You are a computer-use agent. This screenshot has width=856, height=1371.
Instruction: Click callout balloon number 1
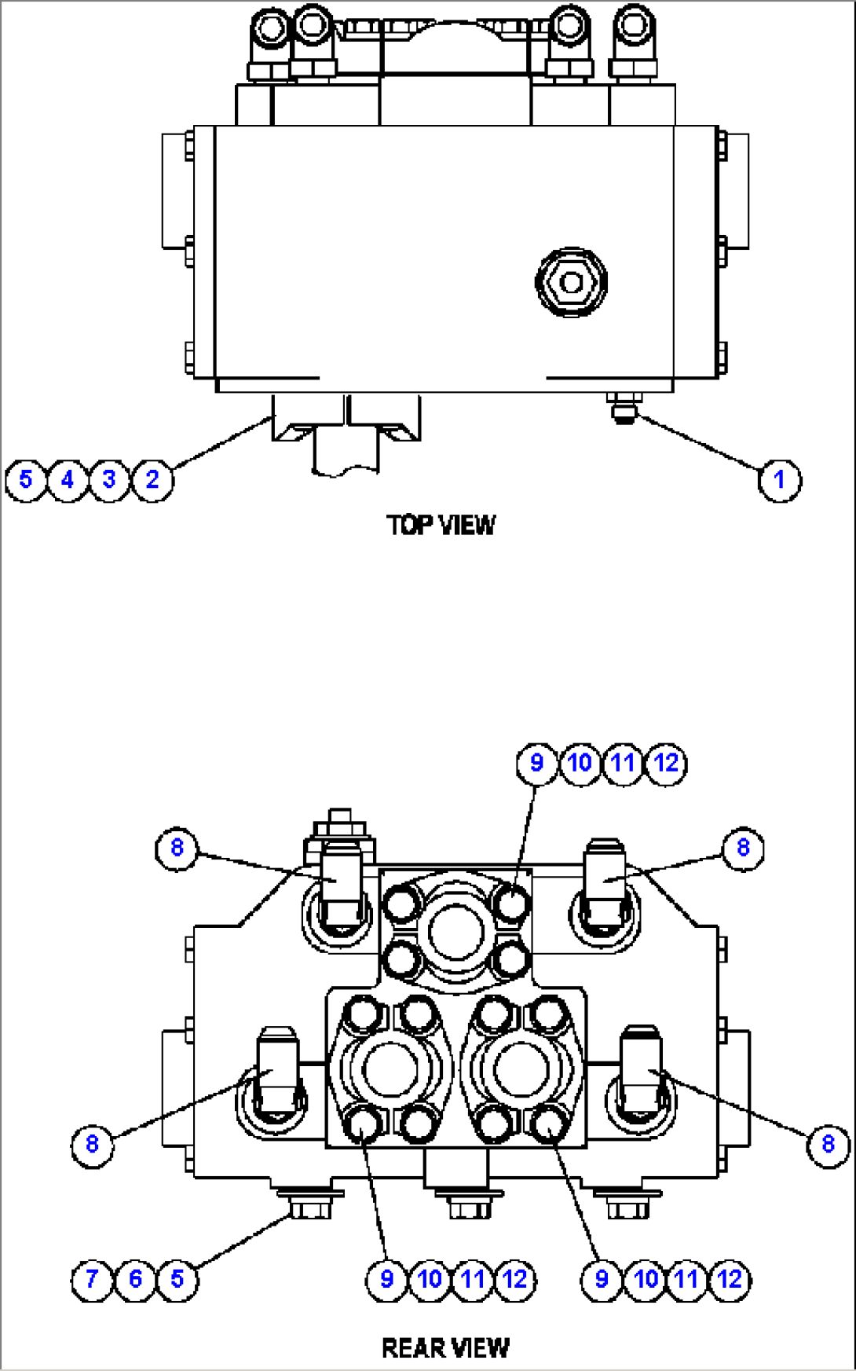pos(779,479)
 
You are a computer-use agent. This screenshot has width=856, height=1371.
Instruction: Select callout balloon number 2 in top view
pos(152,479)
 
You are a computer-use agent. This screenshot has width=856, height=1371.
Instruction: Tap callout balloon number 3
pos(110,479)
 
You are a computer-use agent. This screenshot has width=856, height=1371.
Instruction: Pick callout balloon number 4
pos(68,479)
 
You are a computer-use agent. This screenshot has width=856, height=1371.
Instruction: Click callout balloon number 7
pos(92,1279)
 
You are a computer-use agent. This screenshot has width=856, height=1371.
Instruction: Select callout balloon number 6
pos(135,1279)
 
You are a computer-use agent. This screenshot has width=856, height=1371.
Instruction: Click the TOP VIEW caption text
pos(441,525)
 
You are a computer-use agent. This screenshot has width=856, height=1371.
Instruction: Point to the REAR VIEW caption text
pos(445,1348)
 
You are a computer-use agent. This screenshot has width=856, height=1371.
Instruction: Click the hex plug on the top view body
pos(571,283)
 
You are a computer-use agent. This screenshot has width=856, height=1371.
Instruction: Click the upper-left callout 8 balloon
pos(177,848)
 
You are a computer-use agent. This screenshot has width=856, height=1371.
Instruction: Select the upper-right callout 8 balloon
pos(743,848)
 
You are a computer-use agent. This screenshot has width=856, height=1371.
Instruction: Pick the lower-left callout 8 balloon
pos(92,1144)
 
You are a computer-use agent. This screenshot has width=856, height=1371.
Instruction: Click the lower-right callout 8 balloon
pos(828,1144)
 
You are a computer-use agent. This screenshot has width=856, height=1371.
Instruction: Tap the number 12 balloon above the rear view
pos(666,763)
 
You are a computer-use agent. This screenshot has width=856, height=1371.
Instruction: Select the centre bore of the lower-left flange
pos(391,1070)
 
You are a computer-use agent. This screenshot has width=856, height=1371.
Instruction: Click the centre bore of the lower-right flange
pos(520,1070)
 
